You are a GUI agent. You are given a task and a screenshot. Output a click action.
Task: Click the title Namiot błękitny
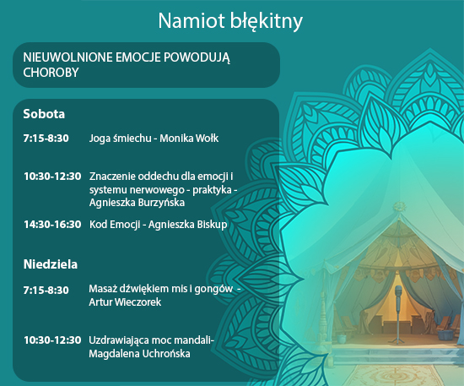click(x=230, y=21)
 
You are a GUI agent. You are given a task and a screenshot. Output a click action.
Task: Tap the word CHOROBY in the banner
click(x=51, y=73)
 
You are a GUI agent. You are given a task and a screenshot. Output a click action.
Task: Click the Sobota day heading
click(x=44, y=114)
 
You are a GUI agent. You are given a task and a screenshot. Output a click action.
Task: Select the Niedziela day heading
click(x=51, y=264)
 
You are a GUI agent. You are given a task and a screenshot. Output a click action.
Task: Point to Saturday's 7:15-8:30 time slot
click(x=46, y=138)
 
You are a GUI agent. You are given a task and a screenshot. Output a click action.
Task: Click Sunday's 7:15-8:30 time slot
click(x=46, y=290)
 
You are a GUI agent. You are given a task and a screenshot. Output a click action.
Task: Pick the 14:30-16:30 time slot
click(x=52, y=225)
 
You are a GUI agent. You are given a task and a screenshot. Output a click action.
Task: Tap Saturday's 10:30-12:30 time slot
click(x=52, y=177)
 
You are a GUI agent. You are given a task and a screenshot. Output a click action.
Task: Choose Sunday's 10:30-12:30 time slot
click(x=52, y=340)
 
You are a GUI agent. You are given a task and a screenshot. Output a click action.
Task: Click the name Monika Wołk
click(x=189, y=138)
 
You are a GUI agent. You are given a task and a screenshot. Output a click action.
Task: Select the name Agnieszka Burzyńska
click(x=137, y=203)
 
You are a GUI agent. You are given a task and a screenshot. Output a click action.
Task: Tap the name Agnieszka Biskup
click(x=187, y=225)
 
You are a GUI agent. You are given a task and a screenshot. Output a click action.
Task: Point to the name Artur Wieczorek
click(x=125, y=302)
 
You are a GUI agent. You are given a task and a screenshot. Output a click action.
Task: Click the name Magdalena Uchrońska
click(x=139, y=354)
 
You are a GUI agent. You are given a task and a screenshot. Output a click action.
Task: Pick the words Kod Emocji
click(x=115, y=225)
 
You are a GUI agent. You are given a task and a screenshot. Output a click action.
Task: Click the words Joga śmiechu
click(x=120, y=139)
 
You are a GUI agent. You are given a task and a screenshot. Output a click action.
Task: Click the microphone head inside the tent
click(x=399, y=291)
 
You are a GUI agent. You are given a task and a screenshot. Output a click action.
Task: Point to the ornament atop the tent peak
click(x=400, y=206)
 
